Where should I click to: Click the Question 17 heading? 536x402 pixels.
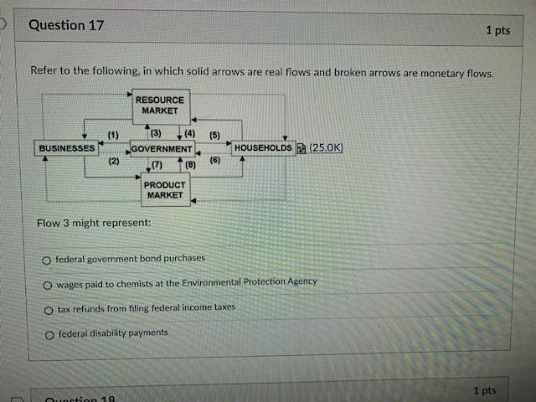66,25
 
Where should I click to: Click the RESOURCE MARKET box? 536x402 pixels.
159,106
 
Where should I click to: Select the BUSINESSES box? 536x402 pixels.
66,148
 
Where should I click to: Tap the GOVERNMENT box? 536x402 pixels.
162,149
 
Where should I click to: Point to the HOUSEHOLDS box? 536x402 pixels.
264,148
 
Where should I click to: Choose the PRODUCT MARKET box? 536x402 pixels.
164,190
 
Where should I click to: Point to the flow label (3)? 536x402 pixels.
155,133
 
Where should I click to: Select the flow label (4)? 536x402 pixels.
189,133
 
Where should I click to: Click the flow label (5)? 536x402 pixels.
214,135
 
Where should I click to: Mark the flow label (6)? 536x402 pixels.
214,160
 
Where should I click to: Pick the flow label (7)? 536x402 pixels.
157,165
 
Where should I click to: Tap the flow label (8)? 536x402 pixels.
189,165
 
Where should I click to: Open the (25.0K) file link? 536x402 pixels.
326,148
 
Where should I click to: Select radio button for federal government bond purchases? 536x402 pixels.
49,260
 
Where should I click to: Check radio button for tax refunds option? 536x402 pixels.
49,309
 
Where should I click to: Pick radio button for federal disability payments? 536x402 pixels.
49,334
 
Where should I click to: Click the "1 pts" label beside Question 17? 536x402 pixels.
497,30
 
